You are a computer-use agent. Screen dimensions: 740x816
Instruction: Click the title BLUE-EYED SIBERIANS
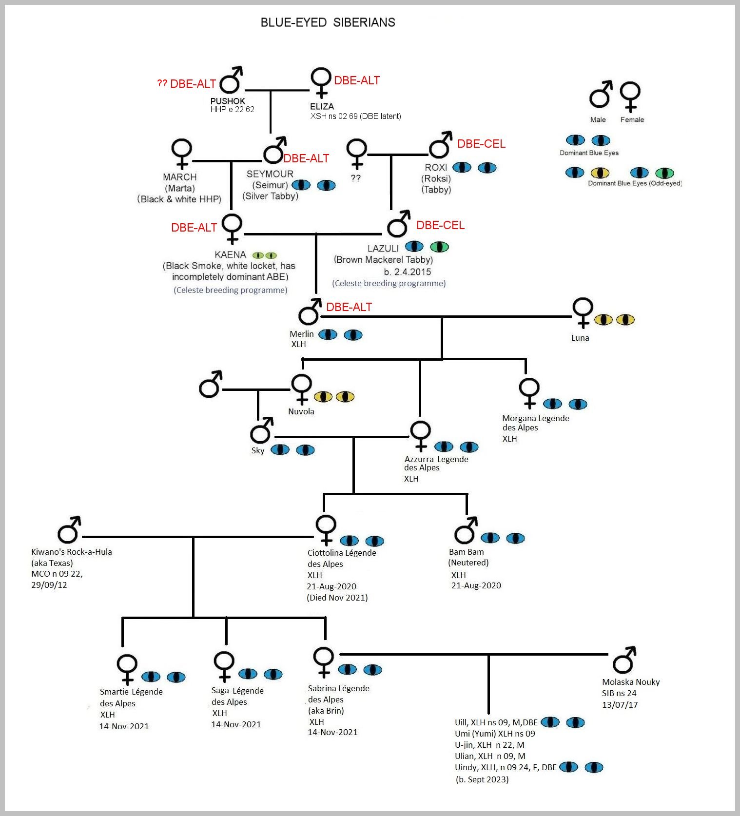pyautogui.click(x=328, y=22)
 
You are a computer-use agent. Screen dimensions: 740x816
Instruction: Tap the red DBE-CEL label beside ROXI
pyautogui.click(x=481, y=144)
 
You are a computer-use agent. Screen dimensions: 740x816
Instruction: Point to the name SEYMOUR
pyautogui.click(x=270, y=174)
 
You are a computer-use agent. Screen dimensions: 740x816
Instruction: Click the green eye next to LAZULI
pyautogui.click(x=439, y=247)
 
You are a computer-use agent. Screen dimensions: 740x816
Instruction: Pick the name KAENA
pyautogui.click(x=230, y=254)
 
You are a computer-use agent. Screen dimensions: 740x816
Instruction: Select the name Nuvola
pyautogui.click(x=301, y=411)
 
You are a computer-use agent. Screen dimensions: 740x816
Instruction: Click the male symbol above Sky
pyautogui.click(x=261, y=429)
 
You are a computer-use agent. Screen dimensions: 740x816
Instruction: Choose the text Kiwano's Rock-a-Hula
pyautogui.click(x=72, y=552)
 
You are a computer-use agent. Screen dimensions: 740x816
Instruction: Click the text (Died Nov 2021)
pyautogui.click(x=337, y=598)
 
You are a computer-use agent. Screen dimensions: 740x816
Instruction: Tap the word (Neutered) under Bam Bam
pyautogui.click(x=468, y=563)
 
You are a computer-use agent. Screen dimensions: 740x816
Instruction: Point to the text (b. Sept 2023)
pyautogui.click(x=482, y=779)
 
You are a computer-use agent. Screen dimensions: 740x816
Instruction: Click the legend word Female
pyautogui.click(x=632, y=120)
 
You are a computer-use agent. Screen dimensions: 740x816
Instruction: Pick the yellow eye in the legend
pyautogui.click(x=600, y=173)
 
